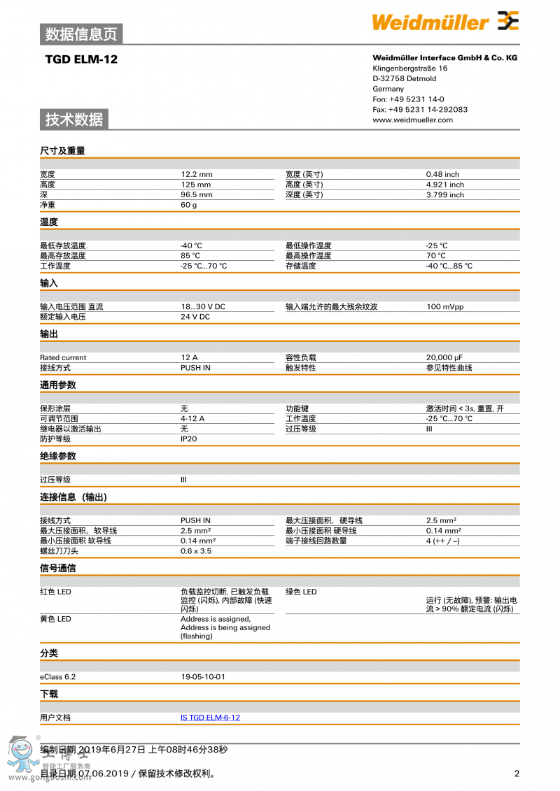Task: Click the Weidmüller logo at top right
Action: (445, 22)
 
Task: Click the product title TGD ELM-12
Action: (81, 59)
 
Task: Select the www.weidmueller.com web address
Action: (412, 120)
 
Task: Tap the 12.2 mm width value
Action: (196, 174)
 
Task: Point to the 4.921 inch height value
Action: (444, 185)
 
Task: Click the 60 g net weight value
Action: (189, 205)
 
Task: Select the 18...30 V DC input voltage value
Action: (203, 306)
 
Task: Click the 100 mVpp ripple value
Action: (444, 306)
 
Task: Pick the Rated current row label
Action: (63, 357)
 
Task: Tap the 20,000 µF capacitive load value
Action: (444, 357)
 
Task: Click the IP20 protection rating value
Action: (188, 439)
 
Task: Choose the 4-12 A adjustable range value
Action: (192, 418)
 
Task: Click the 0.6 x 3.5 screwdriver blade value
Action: (196, 551)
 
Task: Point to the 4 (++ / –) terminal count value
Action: (442, 541)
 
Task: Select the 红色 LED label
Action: (55, 592)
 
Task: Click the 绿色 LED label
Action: (301, 592)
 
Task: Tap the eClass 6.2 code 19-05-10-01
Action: (203, 676)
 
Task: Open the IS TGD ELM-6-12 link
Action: (210, 718)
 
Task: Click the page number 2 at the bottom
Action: (517, 774)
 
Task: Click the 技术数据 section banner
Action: (74, 120)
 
